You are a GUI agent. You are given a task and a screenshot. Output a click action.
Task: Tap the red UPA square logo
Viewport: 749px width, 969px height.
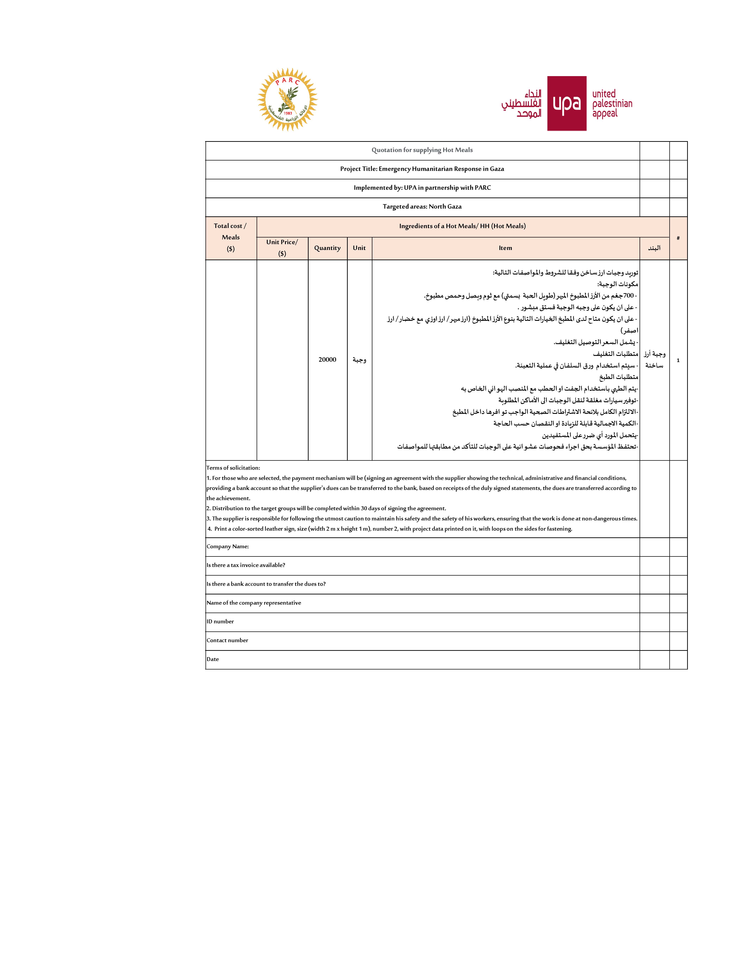567,103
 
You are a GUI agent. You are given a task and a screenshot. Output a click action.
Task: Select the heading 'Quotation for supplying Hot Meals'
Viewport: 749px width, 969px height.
422,150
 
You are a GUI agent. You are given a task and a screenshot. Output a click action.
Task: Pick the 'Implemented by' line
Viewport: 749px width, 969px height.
422,188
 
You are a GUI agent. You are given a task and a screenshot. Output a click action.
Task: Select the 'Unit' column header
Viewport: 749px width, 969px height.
359,248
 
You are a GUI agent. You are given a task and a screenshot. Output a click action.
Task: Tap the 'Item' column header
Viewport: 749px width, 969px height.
505,248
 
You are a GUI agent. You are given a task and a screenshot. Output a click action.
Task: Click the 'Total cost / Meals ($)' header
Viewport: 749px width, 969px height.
230,237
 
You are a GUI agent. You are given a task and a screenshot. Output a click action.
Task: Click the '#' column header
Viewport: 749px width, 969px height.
678,238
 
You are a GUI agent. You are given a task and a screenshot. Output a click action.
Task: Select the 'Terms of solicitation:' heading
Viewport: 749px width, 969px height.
233,468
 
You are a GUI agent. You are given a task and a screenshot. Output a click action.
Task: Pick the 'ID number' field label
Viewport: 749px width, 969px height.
220,622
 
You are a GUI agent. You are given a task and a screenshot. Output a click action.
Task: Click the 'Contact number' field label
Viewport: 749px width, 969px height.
227,640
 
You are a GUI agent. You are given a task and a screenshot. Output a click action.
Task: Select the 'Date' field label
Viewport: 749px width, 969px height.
213,659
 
